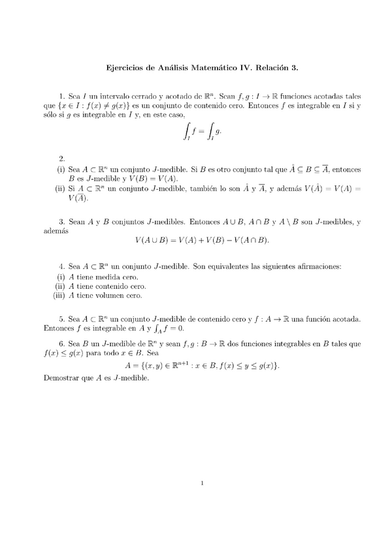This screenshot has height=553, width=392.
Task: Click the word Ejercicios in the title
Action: pos(125,67)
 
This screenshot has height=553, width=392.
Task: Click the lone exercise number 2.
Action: pos(61,158)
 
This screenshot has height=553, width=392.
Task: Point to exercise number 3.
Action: pos(61,222)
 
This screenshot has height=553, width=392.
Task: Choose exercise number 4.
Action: pos(61,267)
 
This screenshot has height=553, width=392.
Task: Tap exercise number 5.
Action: pos(61,319)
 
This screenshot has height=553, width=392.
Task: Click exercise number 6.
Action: pos(61,343)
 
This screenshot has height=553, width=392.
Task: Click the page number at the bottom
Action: pos(203,484)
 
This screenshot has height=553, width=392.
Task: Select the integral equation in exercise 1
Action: pos(203,133)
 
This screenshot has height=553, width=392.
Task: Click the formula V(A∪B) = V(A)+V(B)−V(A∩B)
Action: pos(202,241)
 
